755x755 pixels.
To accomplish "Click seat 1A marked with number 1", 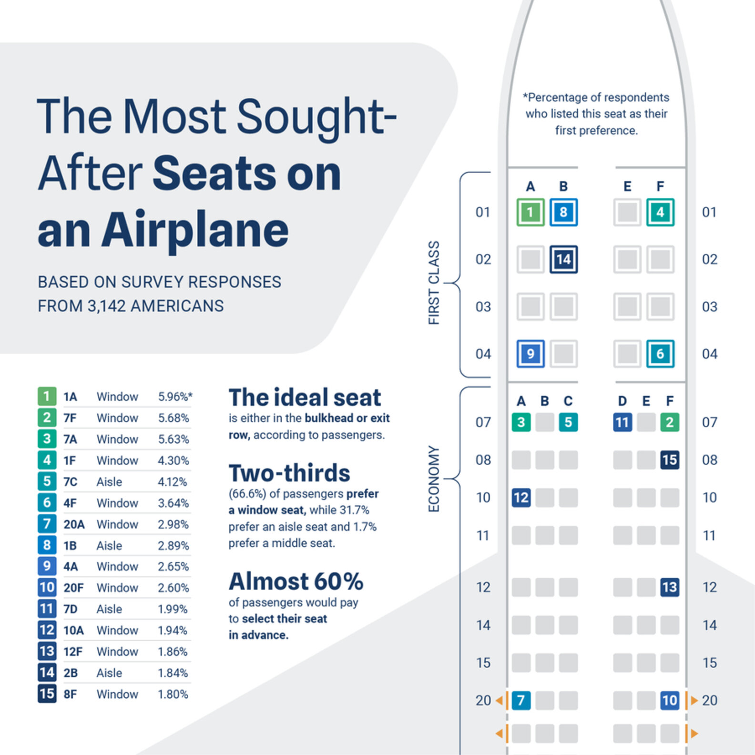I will [x=531, y=212].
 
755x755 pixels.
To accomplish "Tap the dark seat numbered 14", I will [x=563, y=259].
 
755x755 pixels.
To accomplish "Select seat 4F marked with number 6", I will [x=660, y=354].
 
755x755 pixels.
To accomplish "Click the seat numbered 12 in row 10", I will [x=521, y=498].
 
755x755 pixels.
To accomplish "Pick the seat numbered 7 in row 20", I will [x=521, y=700].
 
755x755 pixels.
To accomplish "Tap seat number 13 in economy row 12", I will [x=670, y=587].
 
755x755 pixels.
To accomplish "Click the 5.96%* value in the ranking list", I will [x=175, y=397].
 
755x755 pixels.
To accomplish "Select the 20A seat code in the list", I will [x=74, y=524].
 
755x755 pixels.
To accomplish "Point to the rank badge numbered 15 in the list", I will [x=47, y=694].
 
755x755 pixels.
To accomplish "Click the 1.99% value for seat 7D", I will [x=173, y=609].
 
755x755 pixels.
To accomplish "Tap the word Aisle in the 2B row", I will [x=109, y=673].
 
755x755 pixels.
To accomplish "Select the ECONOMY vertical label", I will [x=434, y=479].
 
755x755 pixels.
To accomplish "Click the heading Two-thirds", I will [x=289, y=473].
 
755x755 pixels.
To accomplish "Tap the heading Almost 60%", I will [x=296, y=582].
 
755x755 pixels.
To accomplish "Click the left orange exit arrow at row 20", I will [x=499, y=700].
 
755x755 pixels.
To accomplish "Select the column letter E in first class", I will [x=627, y=186].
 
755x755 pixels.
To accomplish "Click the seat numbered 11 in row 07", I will [x=622, y=422].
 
